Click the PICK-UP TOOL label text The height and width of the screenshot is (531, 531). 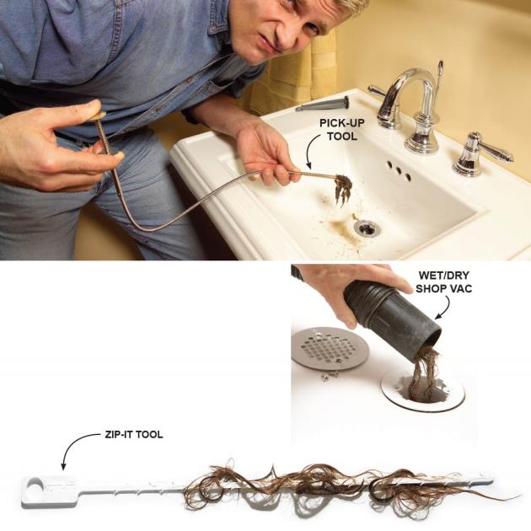pos(342,129)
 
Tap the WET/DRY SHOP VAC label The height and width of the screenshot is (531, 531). pos(443,282)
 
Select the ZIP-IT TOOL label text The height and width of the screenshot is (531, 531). pos(134,434)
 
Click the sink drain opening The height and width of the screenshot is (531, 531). pos(367,228)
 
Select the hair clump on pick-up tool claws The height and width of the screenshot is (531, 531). pos(343,190)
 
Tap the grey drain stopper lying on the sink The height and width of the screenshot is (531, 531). pos(323,104)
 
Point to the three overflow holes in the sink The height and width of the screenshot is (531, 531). pos(399,170)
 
